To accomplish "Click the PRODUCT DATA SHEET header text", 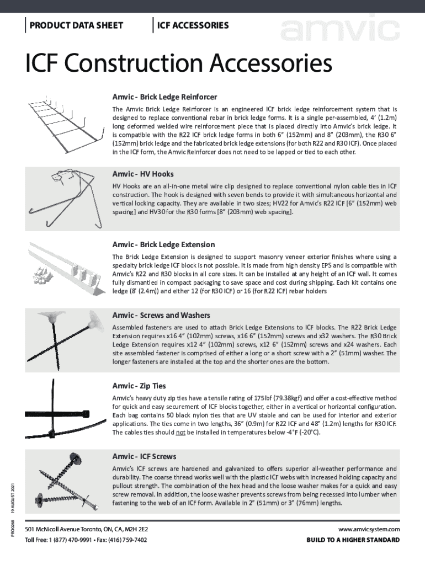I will click(76, 25).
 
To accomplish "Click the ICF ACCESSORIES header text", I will click(193, 25).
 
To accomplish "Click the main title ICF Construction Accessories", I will click(178, 65).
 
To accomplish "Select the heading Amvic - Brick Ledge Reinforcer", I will click(164, 97).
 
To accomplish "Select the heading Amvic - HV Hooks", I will click(143, 174).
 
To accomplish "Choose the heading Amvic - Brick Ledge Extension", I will click(164, 244).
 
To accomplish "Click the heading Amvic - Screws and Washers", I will click(161, 315).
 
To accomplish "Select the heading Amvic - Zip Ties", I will click(139, 385).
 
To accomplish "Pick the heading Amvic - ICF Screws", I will click(145, 456).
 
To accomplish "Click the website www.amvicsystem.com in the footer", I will click(371, 529).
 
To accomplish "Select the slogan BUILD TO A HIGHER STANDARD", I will click(353, 540).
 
